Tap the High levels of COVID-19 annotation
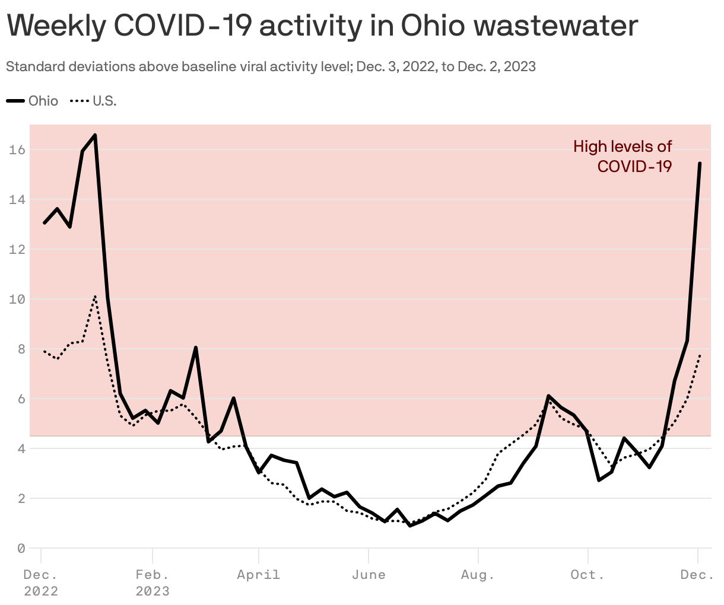point(623,156)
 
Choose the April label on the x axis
point(258,575)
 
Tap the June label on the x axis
point(369,575)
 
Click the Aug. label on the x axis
point(478,575)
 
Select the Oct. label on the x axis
point(588,575)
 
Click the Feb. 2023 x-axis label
point(153,583)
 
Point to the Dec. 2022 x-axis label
point(41,583)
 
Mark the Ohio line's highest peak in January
point(95,135)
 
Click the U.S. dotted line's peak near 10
point(95,296)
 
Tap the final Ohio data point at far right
point(700,164)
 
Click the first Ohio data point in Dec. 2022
point(44,223)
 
